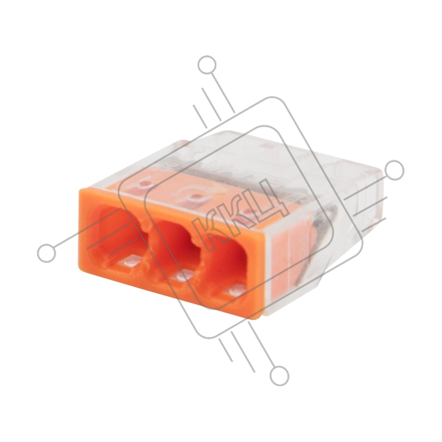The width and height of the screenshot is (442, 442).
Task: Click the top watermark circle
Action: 207,65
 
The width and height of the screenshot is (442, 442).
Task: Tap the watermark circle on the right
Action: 394,171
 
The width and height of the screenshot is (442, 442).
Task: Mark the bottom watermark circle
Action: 280,376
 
